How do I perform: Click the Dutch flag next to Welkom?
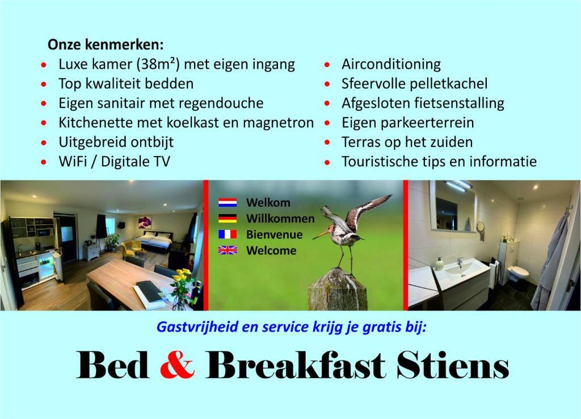(x=228, y=203)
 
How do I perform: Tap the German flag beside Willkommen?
(x=228, y=219)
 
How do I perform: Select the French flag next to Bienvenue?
(x=228, y=234)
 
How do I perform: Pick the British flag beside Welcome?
(x=228, y=250)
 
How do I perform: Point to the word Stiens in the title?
(x=452, y=365)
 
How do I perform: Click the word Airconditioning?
(x=391, y=64)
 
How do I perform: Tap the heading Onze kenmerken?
(x=106, y=44)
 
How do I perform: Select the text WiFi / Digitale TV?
(x=114, y=161)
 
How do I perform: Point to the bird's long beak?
(x=321, y=234)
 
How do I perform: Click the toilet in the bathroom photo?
(x=517, y=274)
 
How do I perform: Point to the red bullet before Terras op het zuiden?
(x=327, y=143)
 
